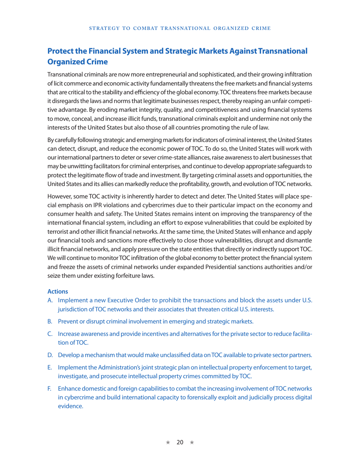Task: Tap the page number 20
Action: pyautogui.click(x=180, y=443)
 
